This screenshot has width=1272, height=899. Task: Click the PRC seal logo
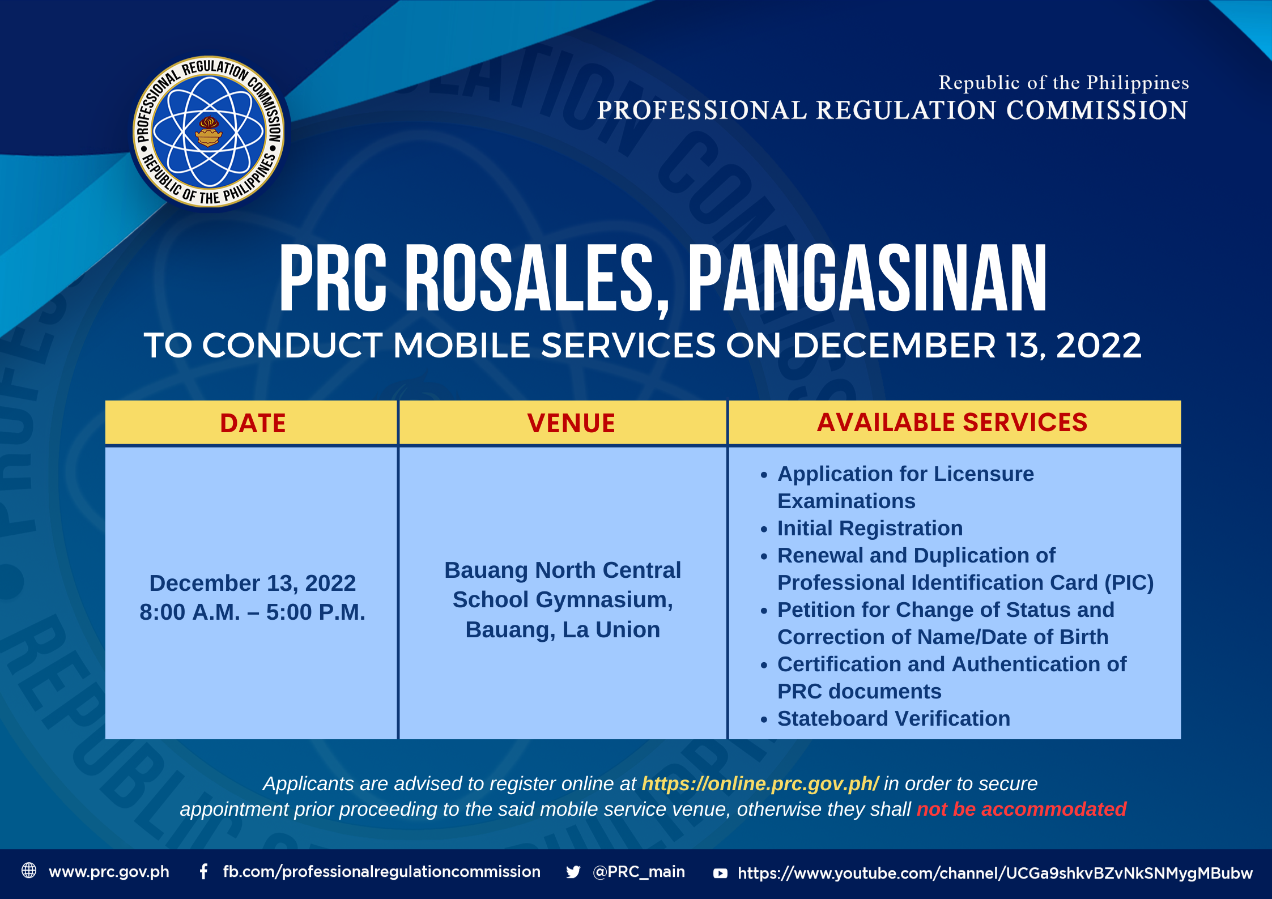coord(209,131)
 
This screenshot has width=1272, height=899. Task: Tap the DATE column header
coord(253,423)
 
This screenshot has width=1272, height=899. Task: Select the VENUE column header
coord(571,423)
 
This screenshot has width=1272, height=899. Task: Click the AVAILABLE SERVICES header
coord(952,422)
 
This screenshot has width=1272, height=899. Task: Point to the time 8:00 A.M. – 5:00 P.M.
coord(253,612)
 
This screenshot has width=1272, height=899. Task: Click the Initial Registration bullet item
coord(870,528)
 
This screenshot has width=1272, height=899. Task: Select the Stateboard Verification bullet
coord(894,718)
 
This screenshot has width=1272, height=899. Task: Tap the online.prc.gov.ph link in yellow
coord(760,783)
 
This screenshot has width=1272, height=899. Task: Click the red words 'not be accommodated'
coord(1022,809)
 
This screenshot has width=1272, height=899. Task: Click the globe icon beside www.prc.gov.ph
coord(29,870)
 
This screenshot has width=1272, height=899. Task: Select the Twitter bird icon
coord(573,872)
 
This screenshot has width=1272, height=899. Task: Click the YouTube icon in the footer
coord(720,874)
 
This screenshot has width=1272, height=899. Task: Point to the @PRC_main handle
coord(639,871)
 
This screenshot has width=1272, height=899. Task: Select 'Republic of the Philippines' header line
coord(1063,83)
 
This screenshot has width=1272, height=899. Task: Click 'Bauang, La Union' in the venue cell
coord(563,630)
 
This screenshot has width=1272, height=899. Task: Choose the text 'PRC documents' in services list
coord(859,691)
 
